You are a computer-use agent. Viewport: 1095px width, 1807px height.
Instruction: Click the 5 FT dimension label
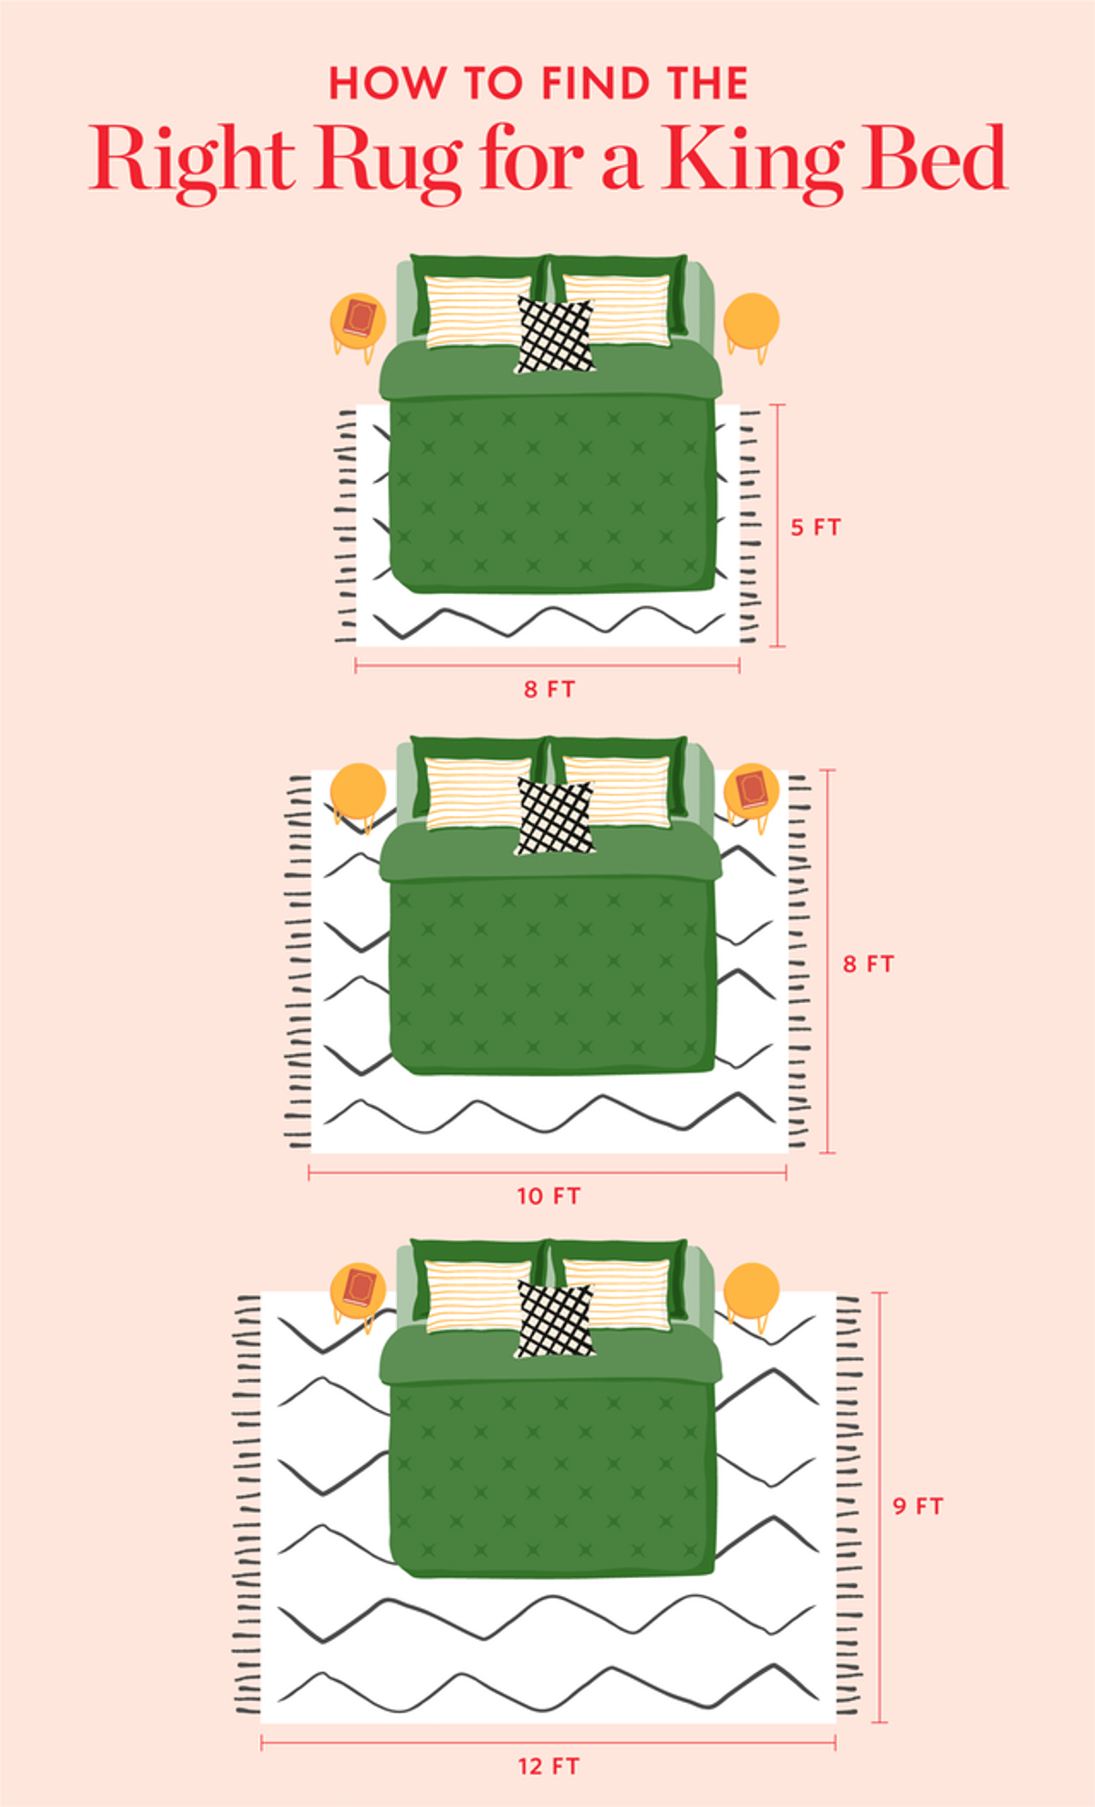point(815,527)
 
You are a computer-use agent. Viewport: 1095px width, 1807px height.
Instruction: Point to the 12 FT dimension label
point(548,1767)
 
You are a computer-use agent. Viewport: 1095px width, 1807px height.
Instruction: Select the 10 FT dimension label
point(548,1196)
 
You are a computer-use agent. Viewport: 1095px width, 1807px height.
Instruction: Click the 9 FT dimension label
point(917,1506)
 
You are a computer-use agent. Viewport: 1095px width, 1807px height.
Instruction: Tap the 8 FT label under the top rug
point(549,689)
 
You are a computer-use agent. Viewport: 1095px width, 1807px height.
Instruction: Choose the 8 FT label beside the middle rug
point(868,964)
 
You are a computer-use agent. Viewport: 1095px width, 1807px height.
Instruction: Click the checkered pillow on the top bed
point(554,335)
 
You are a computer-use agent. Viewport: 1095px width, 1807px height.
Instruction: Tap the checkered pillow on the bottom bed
point(554,1320)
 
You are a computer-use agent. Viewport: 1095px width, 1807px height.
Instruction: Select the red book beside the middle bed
point(752,789)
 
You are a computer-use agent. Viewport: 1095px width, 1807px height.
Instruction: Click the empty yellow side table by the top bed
point(752,320)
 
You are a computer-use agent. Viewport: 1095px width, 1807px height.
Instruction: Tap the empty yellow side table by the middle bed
point(358,791)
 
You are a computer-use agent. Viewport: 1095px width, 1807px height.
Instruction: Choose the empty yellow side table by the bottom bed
point(752,1290)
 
